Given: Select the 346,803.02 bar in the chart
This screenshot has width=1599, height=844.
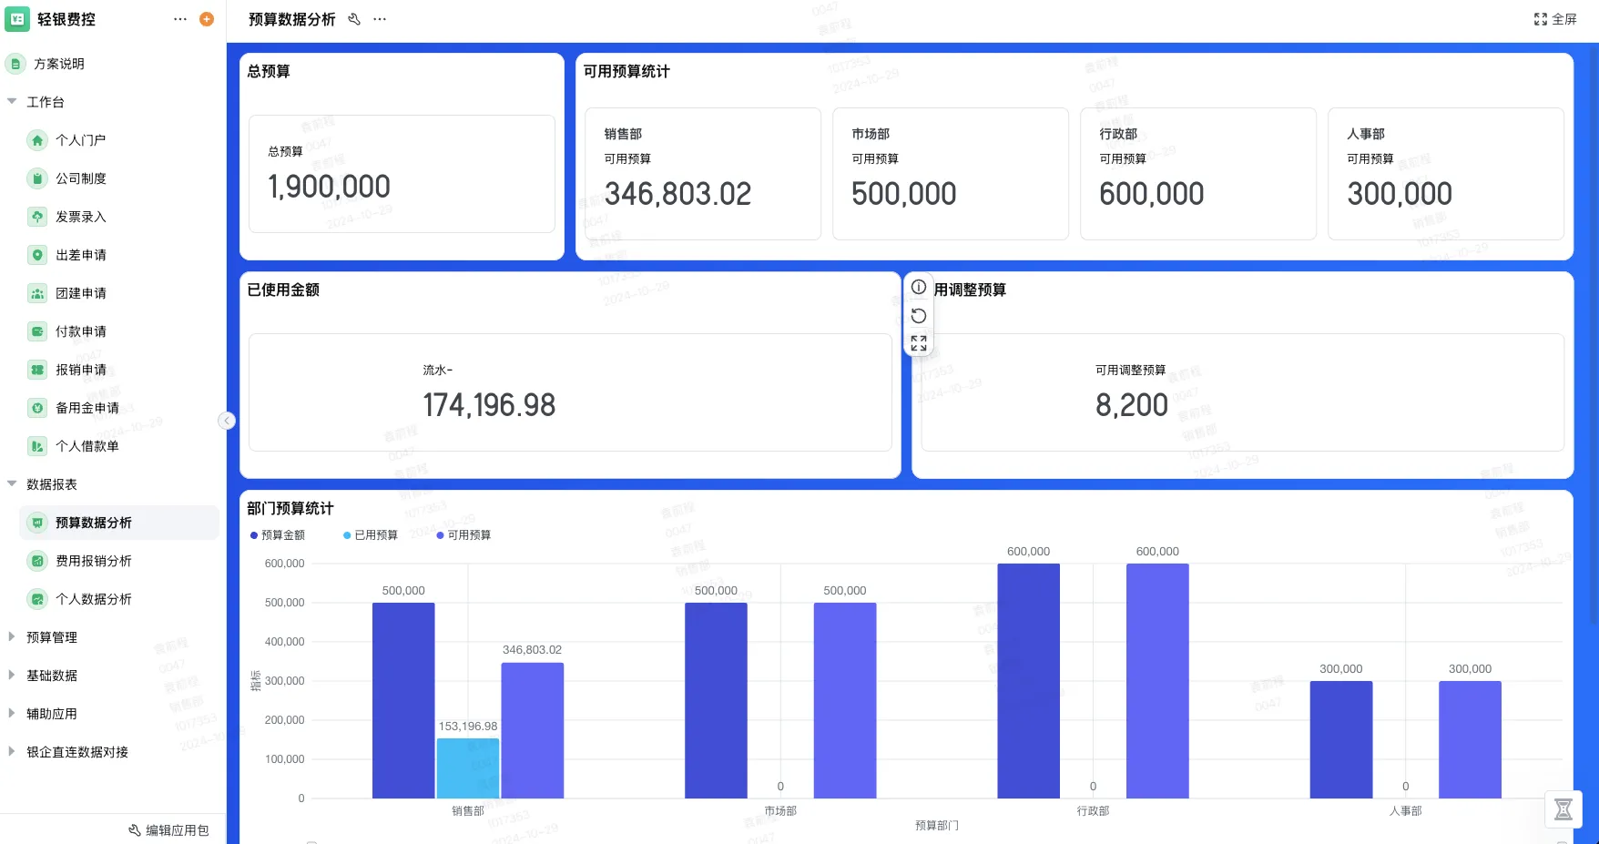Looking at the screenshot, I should [532, 730].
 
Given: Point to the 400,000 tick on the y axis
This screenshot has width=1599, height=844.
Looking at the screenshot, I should [285, 642].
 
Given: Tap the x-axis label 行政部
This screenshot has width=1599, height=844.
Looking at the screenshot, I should [1093, 811].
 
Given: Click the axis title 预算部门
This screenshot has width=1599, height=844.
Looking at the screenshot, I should [937, 826].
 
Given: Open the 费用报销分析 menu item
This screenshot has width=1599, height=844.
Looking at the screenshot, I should [93, 561].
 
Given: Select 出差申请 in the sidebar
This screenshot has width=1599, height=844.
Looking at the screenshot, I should [81, 255].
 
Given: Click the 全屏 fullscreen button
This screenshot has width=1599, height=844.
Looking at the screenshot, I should [1555, 19].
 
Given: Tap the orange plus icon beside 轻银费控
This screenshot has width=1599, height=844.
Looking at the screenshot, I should [207, 19].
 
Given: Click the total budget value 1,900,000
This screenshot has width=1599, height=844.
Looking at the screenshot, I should [329, 187].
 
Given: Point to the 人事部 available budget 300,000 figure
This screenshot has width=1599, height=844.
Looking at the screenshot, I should [1399, 194].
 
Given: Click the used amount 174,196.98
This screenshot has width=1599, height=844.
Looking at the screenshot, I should [489, 405].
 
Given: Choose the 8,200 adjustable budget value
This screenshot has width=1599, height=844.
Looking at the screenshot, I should [1131, 405].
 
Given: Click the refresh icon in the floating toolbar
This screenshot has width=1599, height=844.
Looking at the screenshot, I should [919, 316].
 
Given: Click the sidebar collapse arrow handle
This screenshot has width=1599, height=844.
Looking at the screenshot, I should [227, 421].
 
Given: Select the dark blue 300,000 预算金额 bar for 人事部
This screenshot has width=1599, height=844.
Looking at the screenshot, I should [1340, 739].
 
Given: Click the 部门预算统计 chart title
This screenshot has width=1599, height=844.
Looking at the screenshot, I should [290, 508].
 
